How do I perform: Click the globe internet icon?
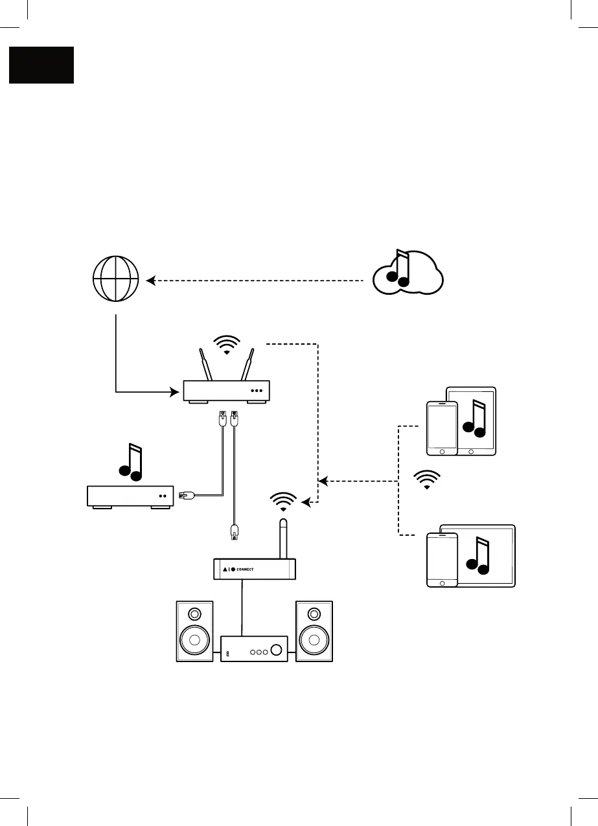pos(115,281)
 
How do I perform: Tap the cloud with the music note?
pos(408,272)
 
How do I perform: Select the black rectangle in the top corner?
pos(41,65)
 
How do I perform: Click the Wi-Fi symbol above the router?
pos(226,345)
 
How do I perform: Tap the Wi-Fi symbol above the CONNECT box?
pos(283,501)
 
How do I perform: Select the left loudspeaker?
pos(194,631)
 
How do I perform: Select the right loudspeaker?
pos(314,631)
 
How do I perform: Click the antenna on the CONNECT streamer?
pos(283,538)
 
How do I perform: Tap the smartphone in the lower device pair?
pos(442,560)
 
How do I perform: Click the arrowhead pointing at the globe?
pos(150,281)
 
